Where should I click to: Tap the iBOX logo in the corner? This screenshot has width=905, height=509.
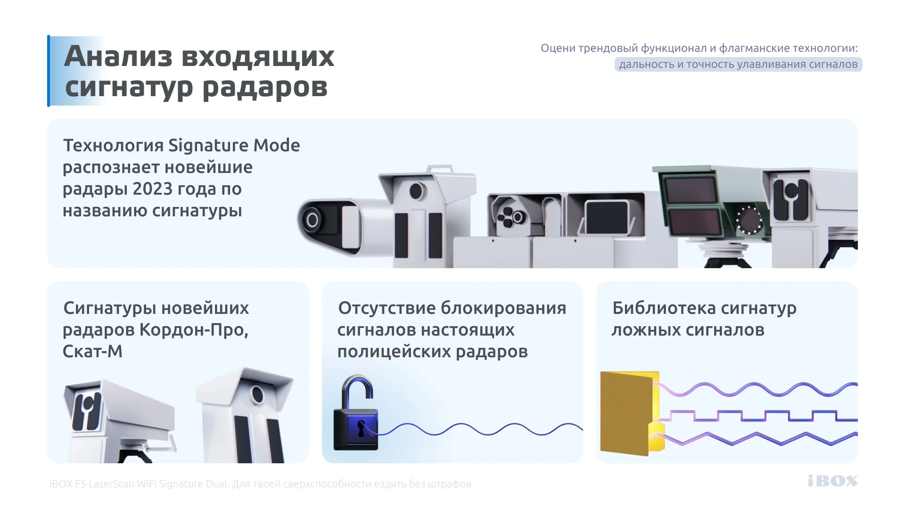tap(832, 481)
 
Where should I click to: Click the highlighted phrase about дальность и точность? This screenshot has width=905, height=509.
tap(738, 64)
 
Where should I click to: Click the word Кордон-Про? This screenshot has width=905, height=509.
tap(194, 330)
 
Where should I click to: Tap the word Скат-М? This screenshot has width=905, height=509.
tap(92, 352)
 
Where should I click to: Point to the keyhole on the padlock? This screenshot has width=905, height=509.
tap(361, 428)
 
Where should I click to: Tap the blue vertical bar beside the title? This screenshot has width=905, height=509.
tap(49, 71)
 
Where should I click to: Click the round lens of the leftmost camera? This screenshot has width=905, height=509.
tap(312, 220)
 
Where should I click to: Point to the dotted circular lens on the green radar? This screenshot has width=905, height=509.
tap(749, 220)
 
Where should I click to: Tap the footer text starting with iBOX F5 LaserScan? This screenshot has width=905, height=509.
tap(260, 484)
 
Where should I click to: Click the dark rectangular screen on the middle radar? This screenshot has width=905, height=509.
tap(608, 218)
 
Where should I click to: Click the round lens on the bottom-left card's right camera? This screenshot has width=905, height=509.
tap(257, 394)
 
